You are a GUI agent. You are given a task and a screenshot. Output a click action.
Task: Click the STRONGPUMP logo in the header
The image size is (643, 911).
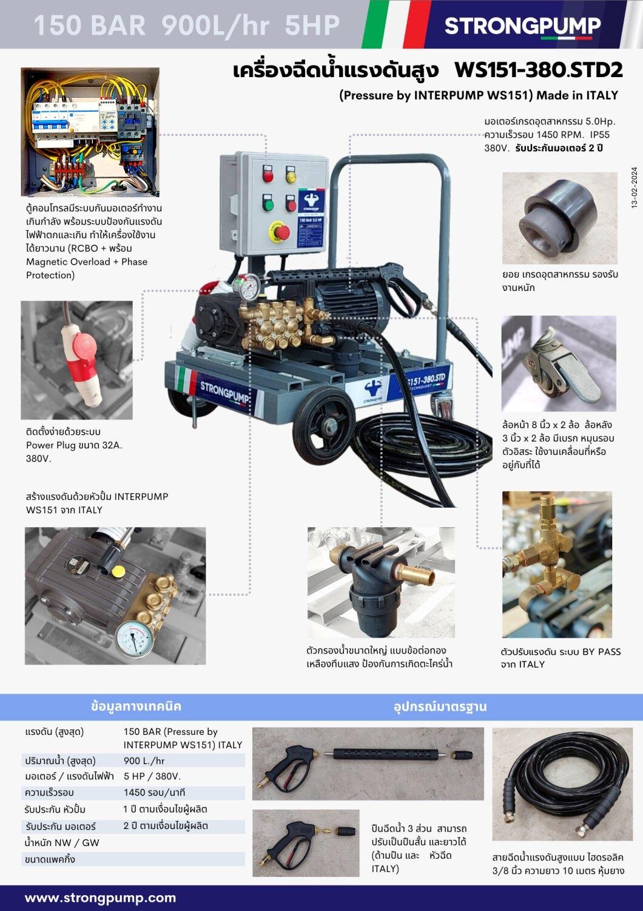click(x=522, y=26)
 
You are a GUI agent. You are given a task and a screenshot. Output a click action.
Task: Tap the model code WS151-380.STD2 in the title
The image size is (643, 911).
click(x=538, y=70)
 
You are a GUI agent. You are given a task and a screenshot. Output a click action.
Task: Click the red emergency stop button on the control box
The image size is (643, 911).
click(x=281, y=231)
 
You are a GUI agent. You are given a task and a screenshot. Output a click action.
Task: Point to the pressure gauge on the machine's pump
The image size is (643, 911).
click(x=247, y=289)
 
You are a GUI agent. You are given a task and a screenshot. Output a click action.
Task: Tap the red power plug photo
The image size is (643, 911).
click(x=76, y=360)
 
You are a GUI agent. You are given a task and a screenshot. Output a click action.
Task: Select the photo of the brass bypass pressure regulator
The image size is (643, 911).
click(x=556, y=564)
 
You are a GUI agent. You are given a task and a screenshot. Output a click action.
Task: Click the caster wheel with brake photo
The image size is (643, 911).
click(x=558, y=363)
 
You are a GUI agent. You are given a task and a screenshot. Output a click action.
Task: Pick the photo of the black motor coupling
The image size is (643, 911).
click(x=559, y=218)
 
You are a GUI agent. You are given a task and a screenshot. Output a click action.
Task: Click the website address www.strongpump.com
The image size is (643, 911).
click(x=100, y=898)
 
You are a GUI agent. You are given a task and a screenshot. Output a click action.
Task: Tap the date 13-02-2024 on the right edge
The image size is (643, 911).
click(x=634, y=188)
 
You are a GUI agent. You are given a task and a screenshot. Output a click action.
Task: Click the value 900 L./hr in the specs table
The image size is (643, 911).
click(x=144, y=760)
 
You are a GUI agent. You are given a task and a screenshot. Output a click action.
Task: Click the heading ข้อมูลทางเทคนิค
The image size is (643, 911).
click(x=136, y=706)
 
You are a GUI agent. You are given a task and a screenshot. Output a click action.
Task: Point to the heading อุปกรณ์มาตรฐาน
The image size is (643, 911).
click(x=440, y=706)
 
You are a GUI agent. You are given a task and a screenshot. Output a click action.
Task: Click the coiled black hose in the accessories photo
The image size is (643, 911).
click(x=562, y=785)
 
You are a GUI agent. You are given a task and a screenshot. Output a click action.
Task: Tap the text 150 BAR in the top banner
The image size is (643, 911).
click(x=89, y=26)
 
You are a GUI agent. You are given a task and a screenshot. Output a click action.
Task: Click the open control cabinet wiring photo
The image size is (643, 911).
click(x=90, y=131)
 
